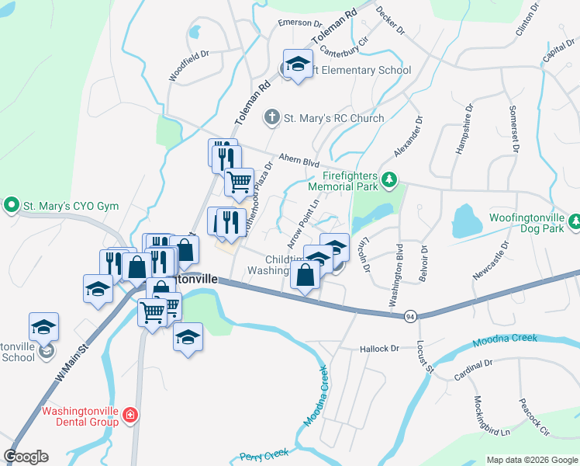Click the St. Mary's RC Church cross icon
point(271,118)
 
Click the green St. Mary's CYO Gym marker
point(12,206)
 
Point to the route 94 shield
point(409,315)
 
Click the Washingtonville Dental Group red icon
point(129,416)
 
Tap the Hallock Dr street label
point(379,349)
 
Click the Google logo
point(26,457)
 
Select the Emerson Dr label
point(299,24)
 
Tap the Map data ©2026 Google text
point(532,460)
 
